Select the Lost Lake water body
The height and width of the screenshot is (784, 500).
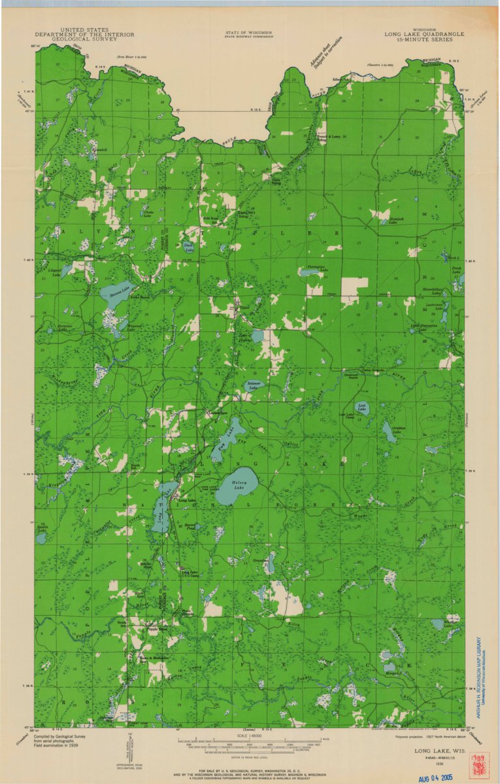click(361, 408)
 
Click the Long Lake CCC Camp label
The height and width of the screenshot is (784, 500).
click(190, 573)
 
